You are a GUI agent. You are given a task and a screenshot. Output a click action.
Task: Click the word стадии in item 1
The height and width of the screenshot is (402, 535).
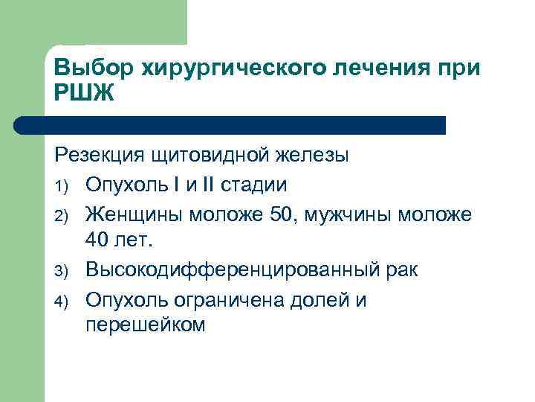pyautogui.click(x=256, y=185)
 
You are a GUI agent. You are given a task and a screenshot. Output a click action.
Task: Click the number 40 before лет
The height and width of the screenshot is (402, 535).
pyautogui.click(x=98, y=241)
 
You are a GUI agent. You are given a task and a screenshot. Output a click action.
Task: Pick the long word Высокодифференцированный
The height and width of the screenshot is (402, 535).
pyautogui.click(x=233, y=270)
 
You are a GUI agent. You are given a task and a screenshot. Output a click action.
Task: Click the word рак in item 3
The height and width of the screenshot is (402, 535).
pyautogui.click(x=402, y=270)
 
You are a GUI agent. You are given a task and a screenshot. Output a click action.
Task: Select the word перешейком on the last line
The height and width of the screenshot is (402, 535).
pyautogui.click(x=144, y=326)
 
